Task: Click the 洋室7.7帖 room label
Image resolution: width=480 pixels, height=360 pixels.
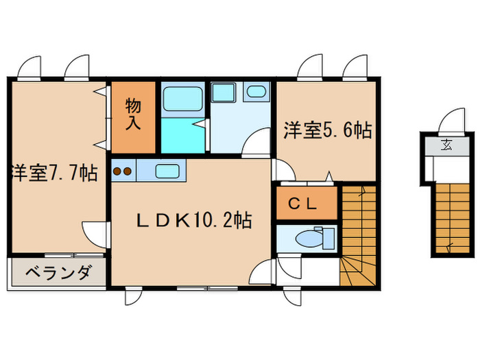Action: click(x=53, y=173)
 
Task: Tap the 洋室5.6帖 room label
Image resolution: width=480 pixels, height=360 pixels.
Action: click(x=327, y=131)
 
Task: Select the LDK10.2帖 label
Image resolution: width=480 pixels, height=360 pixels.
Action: click(x=193, y=221)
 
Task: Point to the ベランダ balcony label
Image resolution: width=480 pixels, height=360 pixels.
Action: click(x=58, y=273)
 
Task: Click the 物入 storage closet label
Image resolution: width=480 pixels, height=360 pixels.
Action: click(x=134, y=114)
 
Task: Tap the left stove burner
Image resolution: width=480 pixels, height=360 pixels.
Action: click(x=117, y=171)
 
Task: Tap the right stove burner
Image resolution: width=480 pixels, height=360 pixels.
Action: click(x=128, y=171)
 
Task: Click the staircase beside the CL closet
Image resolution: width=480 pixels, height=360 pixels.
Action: click(x=359, y=226)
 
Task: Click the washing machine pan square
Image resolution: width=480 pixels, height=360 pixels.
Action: click(x=224, y=94)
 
